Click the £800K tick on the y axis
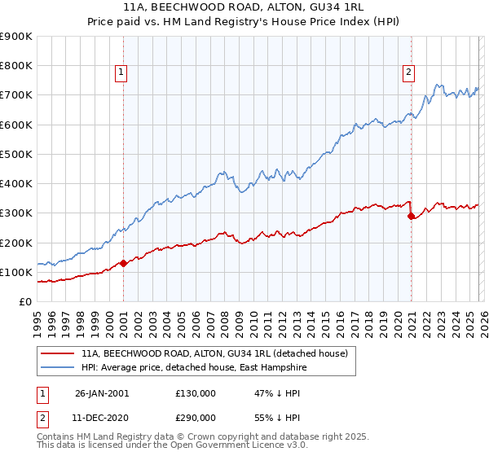pyautogui.click(x=16, y=66)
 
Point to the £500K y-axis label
pyautogui.click(x=16, y=154)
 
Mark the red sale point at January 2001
pyautogui.click(x=123, y=263)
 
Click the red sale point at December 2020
pyautogui.click(x=412, y=217)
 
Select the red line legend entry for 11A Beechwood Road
pyautogui.click(x=215, y=353)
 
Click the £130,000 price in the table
pyautogui.click(x=196, y=393)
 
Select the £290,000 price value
pyautogui.click(x=196, y=417)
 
